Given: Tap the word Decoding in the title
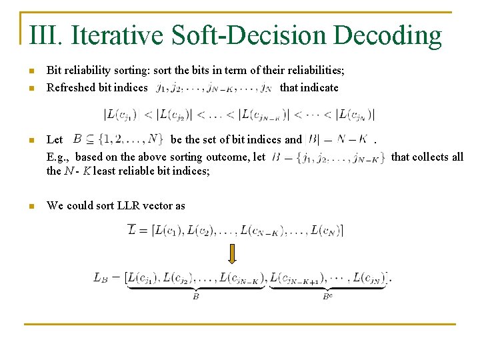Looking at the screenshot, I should click(x=387, y=35).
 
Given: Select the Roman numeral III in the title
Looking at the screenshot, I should click(x=45, y=35).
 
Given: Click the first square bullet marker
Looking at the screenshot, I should click(x=31, y=69).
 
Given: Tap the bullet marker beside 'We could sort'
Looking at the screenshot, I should click(x=31, y=206).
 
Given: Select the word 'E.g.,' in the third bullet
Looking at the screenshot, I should click(x=58, y=157).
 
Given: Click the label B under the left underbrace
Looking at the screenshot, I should click(x=196, y=296).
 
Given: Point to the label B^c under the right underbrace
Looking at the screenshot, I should click(x=327, y=296).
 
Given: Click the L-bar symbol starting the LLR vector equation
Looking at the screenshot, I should click(x=133, y=231).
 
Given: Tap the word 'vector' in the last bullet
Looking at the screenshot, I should click(x=159, y=205).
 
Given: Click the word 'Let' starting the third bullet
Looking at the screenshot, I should click(x=55, y=140).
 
